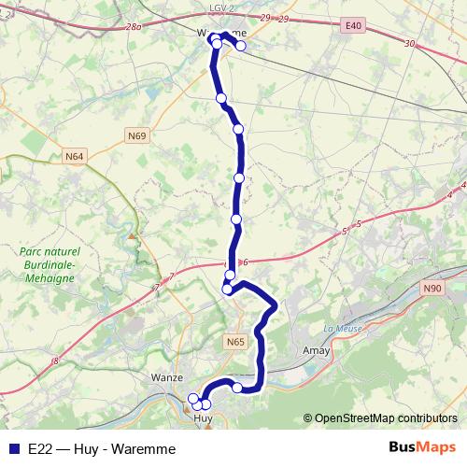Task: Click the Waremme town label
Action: (x=222, y=32)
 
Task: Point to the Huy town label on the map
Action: (x=203, y=417)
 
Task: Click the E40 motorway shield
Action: (x=352, y=25)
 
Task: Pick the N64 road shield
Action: (x=75, y=156)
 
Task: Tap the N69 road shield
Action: (x=136, y=136)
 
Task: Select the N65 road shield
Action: (x=235, y=343)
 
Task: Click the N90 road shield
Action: (x=432, y=289)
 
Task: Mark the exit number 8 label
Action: (x=55, y=361)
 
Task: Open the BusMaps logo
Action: (x=422, y=447)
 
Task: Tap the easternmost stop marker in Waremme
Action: (x=241, y=46)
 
